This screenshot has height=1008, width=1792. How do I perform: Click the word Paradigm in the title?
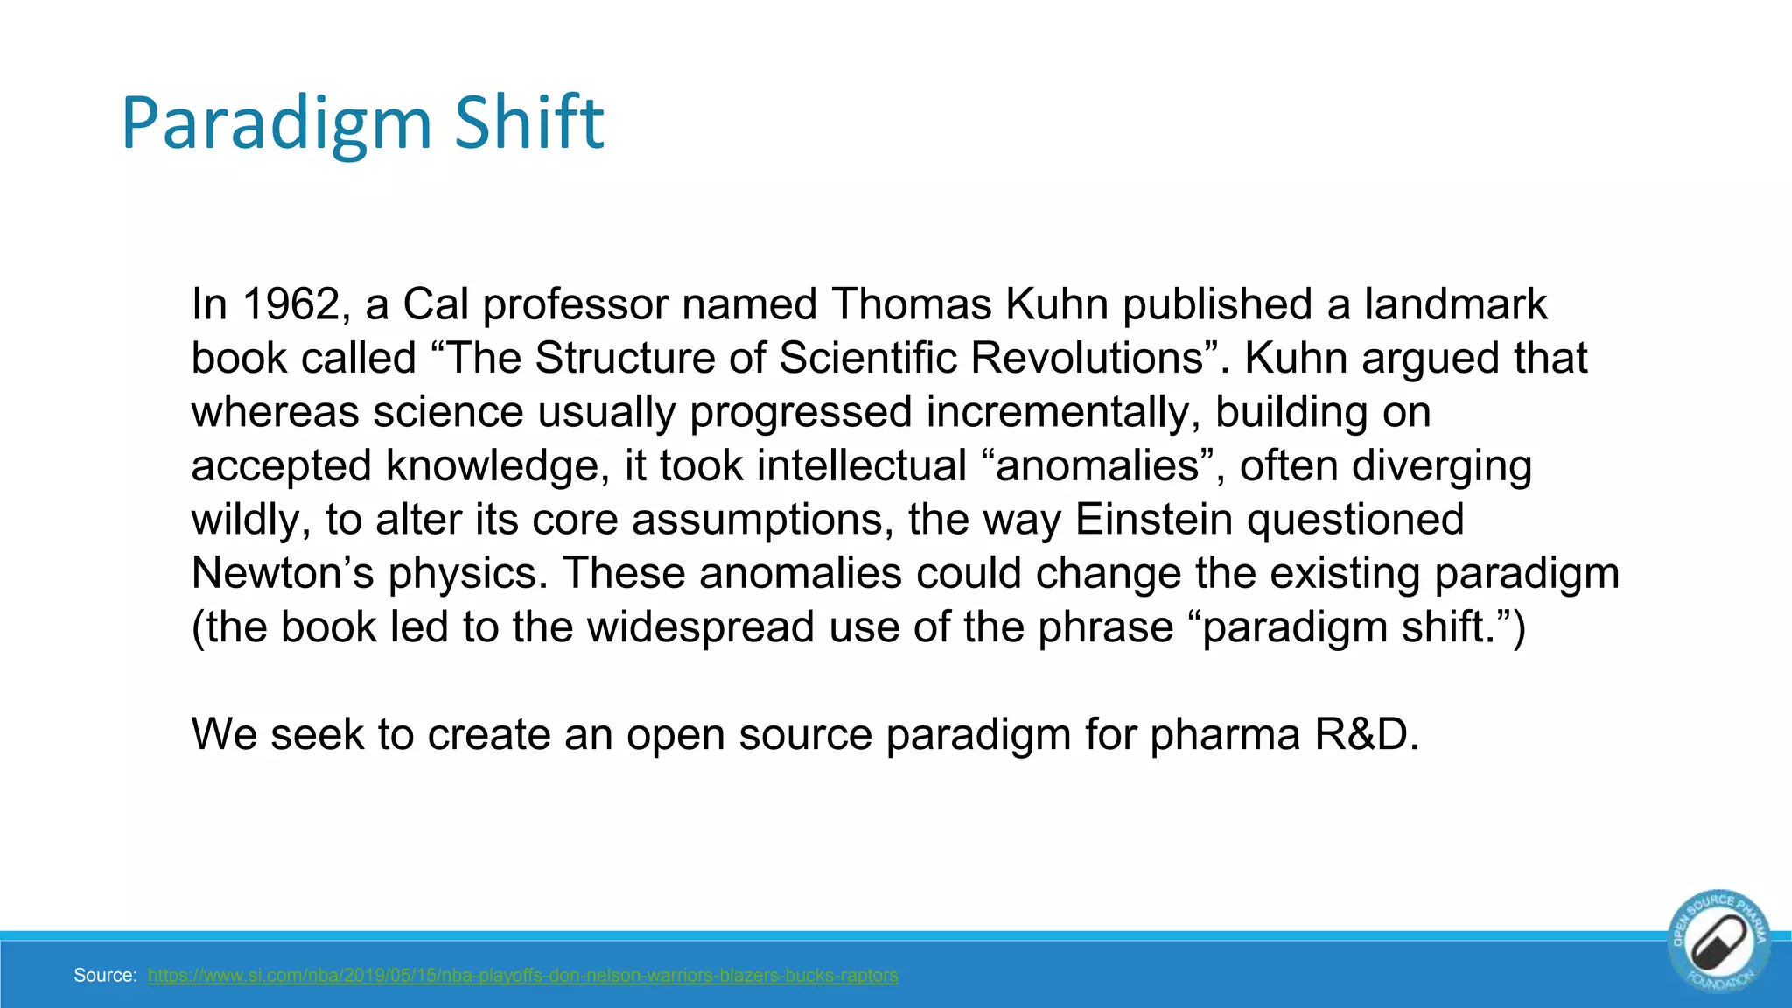click(276, 123)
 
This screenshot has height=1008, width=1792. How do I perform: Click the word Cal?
click(435, 304)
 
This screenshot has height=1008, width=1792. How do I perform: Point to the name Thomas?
click(911, 304)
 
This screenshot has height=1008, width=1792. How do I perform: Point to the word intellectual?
click(861, 465)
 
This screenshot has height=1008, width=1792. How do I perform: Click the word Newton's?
click(282, 573)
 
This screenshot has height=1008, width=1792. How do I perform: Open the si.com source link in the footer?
click(522, 976)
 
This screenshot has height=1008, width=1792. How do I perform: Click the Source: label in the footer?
click(105, 976)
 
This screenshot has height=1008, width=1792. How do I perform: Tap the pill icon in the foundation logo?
click(1719, 942)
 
